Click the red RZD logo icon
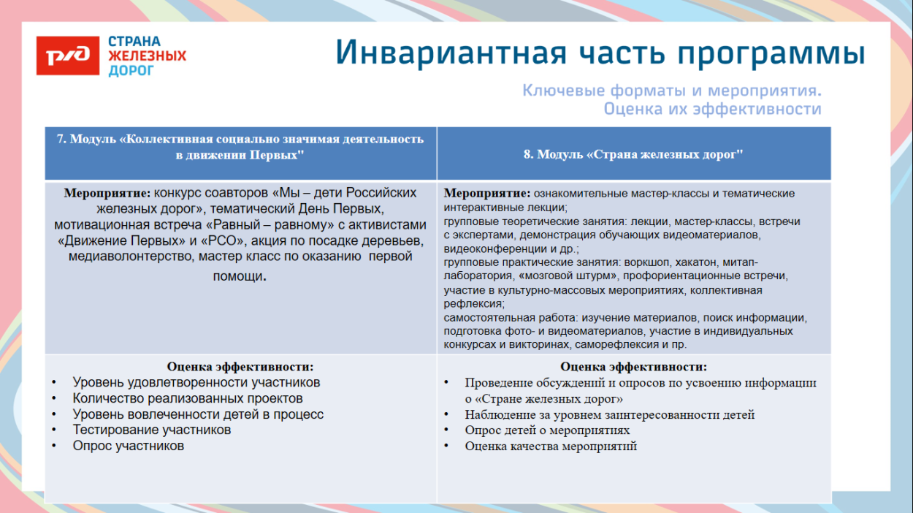click(67, 56)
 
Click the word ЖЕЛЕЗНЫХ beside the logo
click(147, 56)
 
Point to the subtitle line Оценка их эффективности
click(712, 110)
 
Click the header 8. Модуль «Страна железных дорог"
click(633, 154)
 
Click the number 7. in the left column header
click(61, 139)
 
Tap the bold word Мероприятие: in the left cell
click(107, 193)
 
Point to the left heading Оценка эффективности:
click(240, 367)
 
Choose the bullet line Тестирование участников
click(152, 430)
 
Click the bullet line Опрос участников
click(128, 446)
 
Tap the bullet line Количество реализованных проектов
click(188, 398)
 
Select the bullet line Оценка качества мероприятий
click(551, 446)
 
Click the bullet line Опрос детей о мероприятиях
click(547, 430)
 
